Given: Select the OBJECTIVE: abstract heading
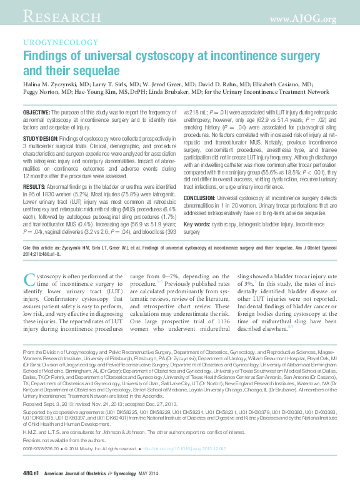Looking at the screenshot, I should [x=36, y=111].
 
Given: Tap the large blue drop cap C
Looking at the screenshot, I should [x=29, y=280].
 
